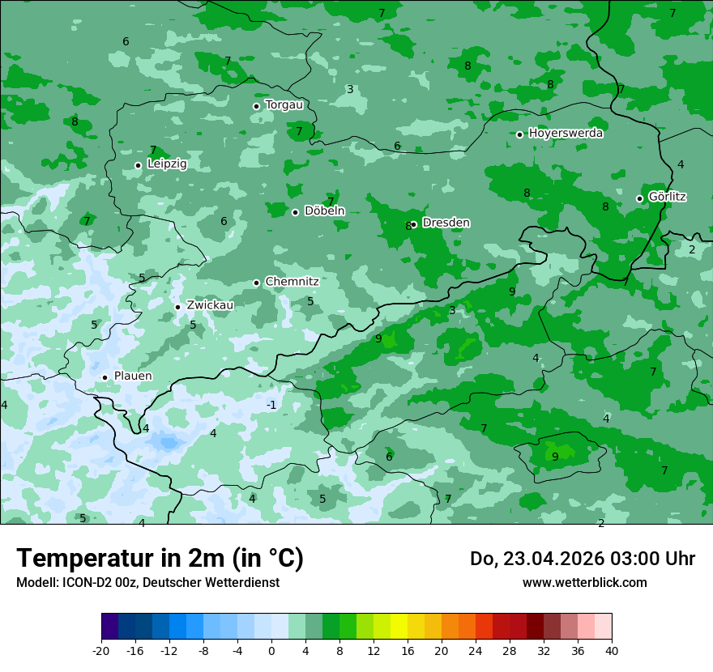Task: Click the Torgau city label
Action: (284, 105)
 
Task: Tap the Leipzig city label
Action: (167, 164)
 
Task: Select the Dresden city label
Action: (446, 223)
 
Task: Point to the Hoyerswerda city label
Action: (566, 134)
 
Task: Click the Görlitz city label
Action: (668, 197)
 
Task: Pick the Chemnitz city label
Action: (292, 282)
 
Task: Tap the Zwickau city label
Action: (210, 305)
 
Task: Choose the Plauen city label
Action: (132, 376)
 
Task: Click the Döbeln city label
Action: (324, 211)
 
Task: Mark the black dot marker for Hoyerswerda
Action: (520, 134)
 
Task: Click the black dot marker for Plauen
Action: (105, 377)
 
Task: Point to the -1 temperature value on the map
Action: (271, 405)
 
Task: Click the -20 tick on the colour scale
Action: (101, 650)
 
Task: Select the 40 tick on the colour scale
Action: (611, 650)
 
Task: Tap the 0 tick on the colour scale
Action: (271, 650)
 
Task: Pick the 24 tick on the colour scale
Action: (476, 650)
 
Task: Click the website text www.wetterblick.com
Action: (584, 583)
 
